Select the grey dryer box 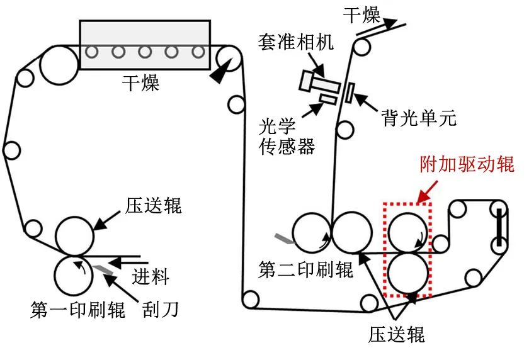click(x=144, y=44)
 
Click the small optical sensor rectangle click(x=328, y=99)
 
